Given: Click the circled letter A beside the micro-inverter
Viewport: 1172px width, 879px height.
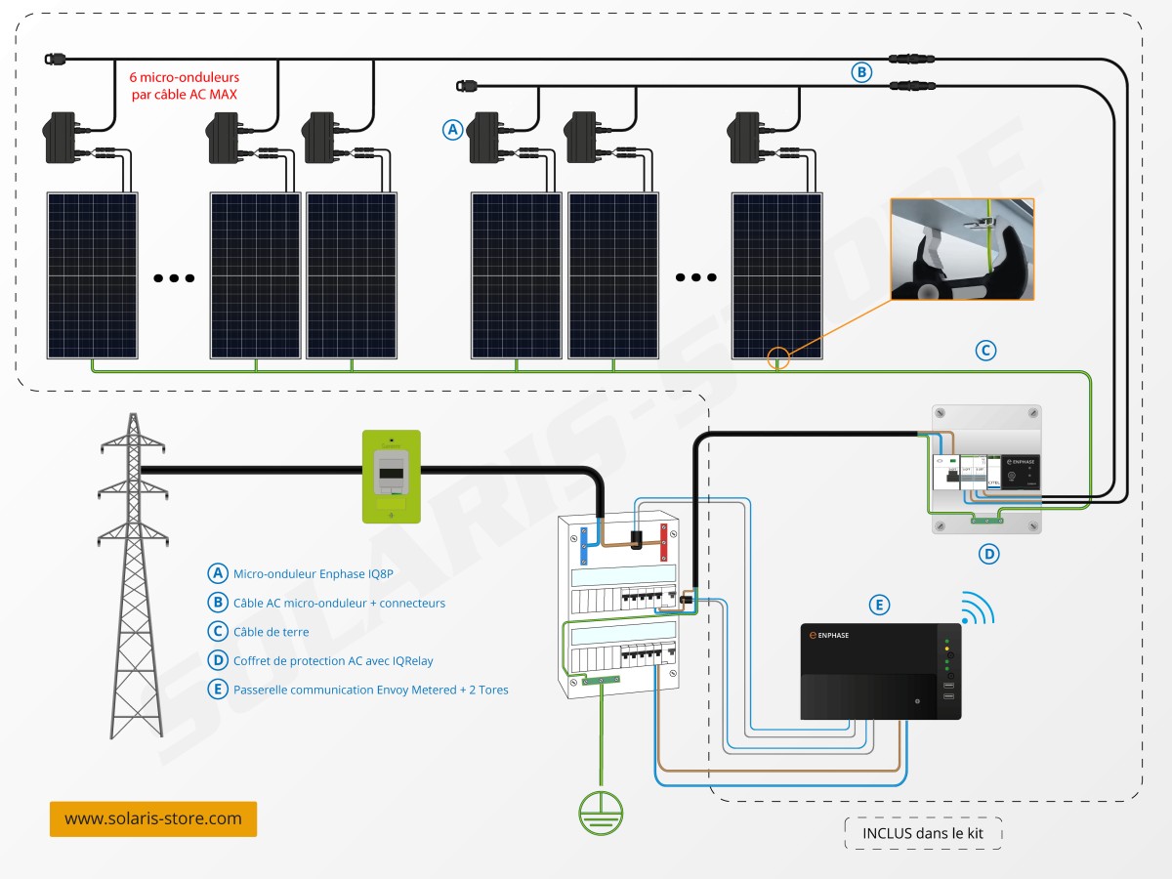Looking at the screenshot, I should click(x=451, y=129).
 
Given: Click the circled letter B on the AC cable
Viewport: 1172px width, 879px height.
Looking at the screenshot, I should click(x=860, y=71).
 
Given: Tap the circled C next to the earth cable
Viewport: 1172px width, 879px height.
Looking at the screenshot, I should click(x=986, y=350).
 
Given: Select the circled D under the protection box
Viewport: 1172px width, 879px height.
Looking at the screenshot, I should click(x=988, y=554).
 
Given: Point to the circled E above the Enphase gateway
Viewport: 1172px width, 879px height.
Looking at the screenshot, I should click(x=880, y=606).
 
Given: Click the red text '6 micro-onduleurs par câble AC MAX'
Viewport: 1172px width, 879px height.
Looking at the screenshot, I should click(x=185, y=85).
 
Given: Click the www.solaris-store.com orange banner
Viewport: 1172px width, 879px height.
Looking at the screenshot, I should click(x=153, y=818).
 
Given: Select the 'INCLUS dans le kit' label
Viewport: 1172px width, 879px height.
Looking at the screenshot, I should click(x=923, y=833).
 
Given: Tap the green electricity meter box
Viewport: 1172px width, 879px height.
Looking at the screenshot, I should click(x=392, y=477).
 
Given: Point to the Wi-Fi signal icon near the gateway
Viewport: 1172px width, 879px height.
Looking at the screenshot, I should click(x=977, y=607).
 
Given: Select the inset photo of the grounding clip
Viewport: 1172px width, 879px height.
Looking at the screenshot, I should click(x=962, y=249).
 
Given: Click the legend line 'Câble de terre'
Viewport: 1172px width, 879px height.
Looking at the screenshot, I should click(x=271, y=632).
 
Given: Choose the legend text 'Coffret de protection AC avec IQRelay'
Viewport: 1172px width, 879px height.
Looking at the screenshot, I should click(x=332, y=661).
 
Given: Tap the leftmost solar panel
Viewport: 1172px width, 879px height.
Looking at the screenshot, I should click(x=93, y=275).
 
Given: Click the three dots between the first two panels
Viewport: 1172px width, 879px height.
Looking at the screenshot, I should click(x=174, y=277).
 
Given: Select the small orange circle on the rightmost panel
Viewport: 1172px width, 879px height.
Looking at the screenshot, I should click(x=777, y=358).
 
